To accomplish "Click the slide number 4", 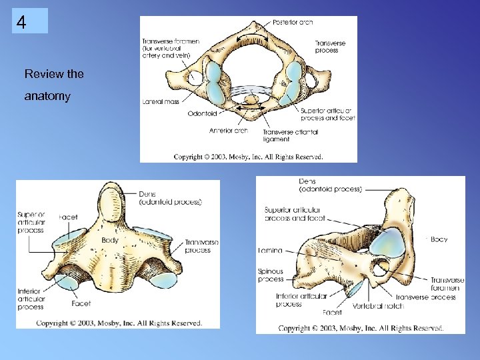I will click(x=22, y=23).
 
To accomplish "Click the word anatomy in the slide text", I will click(x=47, y=97).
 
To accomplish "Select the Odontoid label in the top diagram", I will click(x=201, y=113).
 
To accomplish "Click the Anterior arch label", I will click(x=229, y=130).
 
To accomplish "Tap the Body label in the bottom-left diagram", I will click(x=111, y=240).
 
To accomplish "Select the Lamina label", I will click(x=270, y=251).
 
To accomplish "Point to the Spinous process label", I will click(x=270, y=275).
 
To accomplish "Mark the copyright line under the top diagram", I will click(x=248, y=157).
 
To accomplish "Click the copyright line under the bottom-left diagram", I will click(x=119, y=323).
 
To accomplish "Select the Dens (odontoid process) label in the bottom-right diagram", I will click(x=331, y=185).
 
